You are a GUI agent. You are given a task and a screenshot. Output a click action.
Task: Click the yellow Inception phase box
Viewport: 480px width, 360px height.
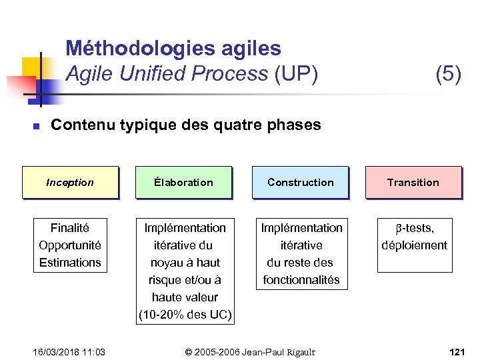click(x=70, y=182)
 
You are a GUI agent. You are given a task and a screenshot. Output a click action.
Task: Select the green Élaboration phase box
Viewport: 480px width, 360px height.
click(x=183, y=182)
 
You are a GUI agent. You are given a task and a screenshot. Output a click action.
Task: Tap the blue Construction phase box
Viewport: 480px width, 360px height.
click(x=300, y=182)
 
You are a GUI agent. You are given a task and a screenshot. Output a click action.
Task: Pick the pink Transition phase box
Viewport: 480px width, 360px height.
click(x=413, y=182)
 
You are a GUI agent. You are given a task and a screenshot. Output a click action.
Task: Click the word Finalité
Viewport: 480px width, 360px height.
click(x=70, y=228)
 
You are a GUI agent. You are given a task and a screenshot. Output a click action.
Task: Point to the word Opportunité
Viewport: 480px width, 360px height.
click(x=70, y=245)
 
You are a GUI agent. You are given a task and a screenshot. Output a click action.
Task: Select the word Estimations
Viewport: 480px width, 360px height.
click(x=70, y=263)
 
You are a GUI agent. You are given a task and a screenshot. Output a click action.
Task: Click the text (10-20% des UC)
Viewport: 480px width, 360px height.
click(x=185, y=315)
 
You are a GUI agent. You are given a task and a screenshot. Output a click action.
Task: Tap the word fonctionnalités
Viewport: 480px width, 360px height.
click(x=301, y=280)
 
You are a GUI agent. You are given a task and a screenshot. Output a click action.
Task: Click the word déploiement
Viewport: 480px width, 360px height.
click(x=414, y=245)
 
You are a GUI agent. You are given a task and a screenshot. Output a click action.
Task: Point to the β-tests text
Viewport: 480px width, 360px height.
click(x=414, y=228)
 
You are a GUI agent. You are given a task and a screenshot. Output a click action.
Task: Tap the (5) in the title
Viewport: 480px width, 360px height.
click(x=448, y=74)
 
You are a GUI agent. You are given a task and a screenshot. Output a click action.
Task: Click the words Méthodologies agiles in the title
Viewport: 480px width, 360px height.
click(x=173, y=49)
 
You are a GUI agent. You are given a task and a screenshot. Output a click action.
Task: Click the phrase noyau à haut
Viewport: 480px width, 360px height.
click(x=185, y=263)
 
